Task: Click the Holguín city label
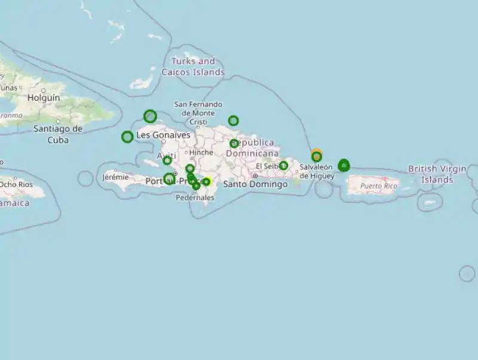pyautogui.click(x=44, y=97)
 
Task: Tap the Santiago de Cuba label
pyautogui.click(x=58, y=134)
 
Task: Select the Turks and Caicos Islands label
pyautogui.click(x=193, y=66)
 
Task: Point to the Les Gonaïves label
pyautogui.click(x=163, y=136)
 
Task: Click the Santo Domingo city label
pyautogui.click(x=255, y=184)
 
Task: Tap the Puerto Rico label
pyautogui.click(x=379, y=186)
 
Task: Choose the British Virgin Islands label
pyautogui.click(x=437, y=174)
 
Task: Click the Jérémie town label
pyautogui.click(x=115, y=177)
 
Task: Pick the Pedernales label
pyautogui.click(x=195, y=198)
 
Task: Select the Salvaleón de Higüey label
pyautogui.click(x=317, y=171)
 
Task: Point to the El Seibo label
pyautogui.click(x=267, y=166)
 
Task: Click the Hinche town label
pyautogui.click(x=201, y=152)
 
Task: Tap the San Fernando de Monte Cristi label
pyautogui.click(x=198, y=113)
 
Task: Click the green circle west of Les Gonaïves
pyautogui.click(x=127, y=137)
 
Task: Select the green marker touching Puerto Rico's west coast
pyautogui.click(x=344, y=165)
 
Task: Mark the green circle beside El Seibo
pyautogui.click(x=283, y=165)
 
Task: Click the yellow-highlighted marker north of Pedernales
pyautogui.click(x=206, y=181)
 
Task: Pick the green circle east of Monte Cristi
pyautogui.click(x=233, y=121)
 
